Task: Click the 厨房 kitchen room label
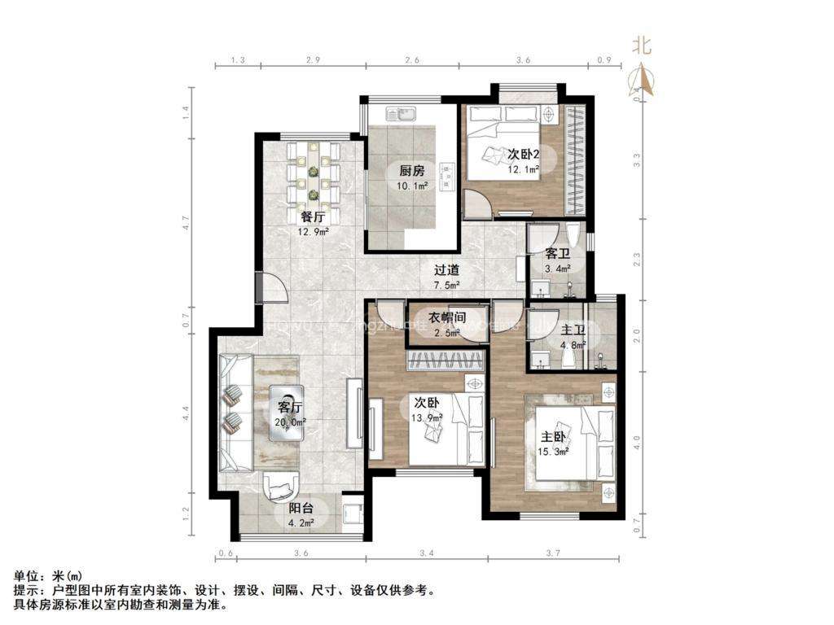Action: coord(411,171)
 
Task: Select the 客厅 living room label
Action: coord(290,407)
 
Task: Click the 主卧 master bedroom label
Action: coord(551,437)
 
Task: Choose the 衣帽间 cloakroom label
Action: coord(447,317)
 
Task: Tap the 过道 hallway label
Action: coord(446,270)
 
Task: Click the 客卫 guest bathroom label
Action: coord(556,254)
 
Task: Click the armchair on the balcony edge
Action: coord(279,486)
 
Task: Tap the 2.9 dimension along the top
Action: coord(313,61)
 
